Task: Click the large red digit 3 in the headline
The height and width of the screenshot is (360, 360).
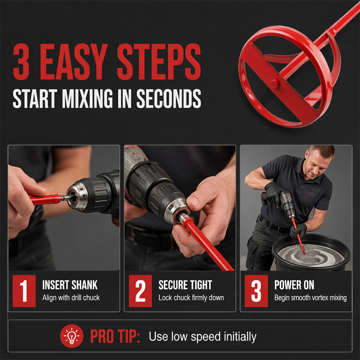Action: coord(21,62)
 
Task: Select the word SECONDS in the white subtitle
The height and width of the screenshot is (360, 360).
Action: coord(169,99)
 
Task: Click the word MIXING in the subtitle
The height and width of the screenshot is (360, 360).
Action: coord(87,99)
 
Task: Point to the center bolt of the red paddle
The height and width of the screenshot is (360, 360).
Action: coord(274,83)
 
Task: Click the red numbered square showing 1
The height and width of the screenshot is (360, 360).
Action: coord(24,291)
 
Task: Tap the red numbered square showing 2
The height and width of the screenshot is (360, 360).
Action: coord(140,291)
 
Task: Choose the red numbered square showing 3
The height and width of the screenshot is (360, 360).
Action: coord(256,291)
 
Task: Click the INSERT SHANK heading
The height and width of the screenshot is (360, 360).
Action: coord(70,285)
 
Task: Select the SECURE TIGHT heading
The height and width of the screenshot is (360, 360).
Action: coord(185,285)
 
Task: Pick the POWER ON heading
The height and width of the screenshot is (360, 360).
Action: coord(294,285)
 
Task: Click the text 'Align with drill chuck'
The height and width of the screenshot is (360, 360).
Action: coord(71,298)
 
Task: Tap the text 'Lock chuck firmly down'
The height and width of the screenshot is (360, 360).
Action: coord(191,298)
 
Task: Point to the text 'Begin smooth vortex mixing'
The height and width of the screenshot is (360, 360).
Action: coord(310,298)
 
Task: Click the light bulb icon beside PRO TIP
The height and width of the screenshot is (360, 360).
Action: coord(72,336)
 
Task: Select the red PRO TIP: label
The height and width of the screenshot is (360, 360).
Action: coord(115,336)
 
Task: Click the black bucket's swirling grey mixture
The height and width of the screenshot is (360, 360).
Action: coord(311,255)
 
